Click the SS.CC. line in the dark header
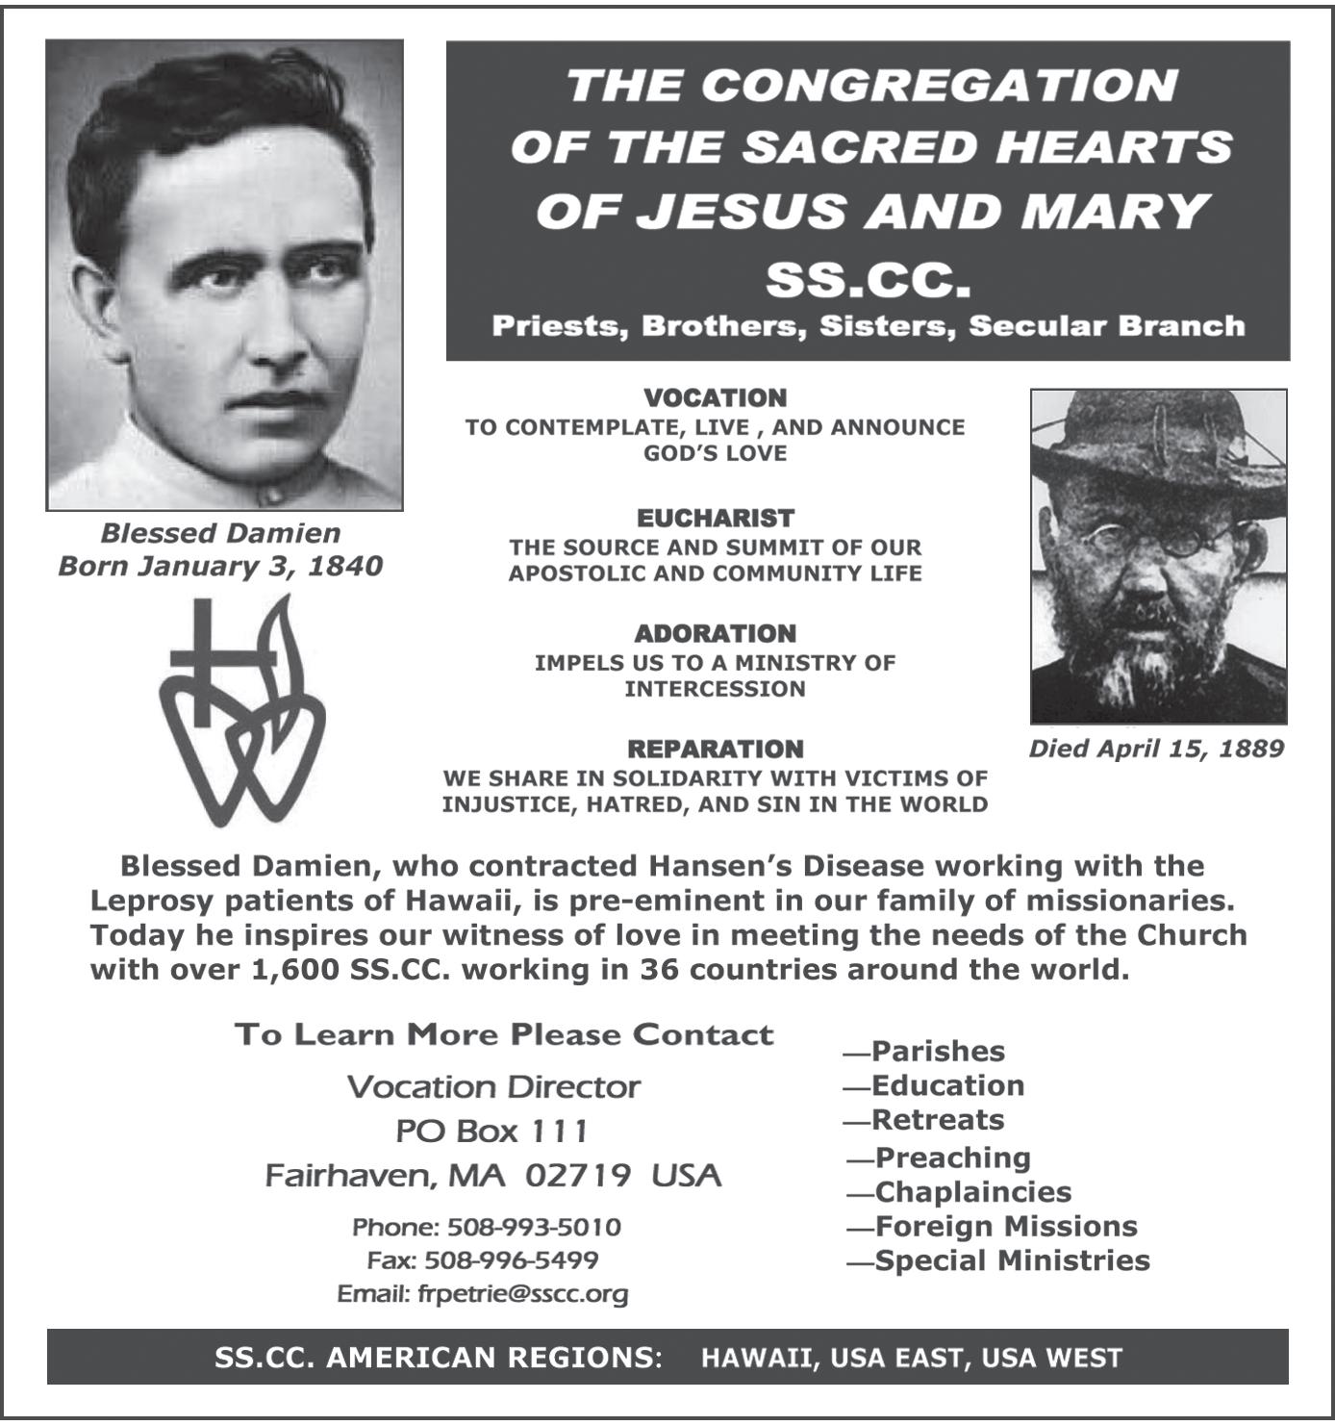[868, 281]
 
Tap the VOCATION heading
[715, 398]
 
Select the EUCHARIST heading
[715, 519]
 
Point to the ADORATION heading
[715, 634]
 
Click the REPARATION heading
[715, 750]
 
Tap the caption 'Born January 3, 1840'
[220, 566]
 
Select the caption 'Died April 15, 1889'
[1156, 749]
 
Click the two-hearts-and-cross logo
[240, 712]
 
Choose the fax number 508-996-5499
[511, 1260]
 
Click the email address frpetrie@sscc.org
[522, 1294]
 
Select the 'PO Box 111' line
[491, 1132]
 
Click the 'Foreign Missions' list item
[1005, 1227]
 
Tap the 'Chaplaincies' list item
[972, 1192]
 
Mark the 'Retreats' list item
[937, 1120]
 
